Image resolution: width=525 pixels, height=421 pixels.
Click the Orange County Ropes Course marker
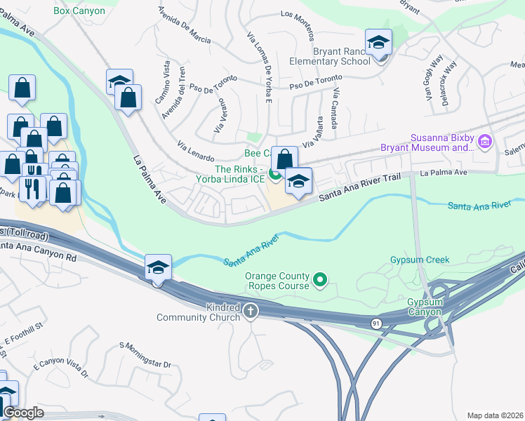(321, 281)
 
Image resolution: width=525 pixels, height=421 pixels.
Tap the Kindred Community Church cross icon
(251, 310)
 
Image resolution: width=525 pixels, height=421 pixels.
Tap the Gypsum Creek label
(419, 260)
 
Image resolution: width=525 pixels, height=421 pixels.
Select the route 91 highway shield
(376, 323)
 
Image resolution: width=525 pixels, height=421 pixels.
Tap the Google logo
(23, 413)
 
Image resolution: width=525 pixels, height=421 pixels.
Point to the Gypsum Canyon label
(425, 307)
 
